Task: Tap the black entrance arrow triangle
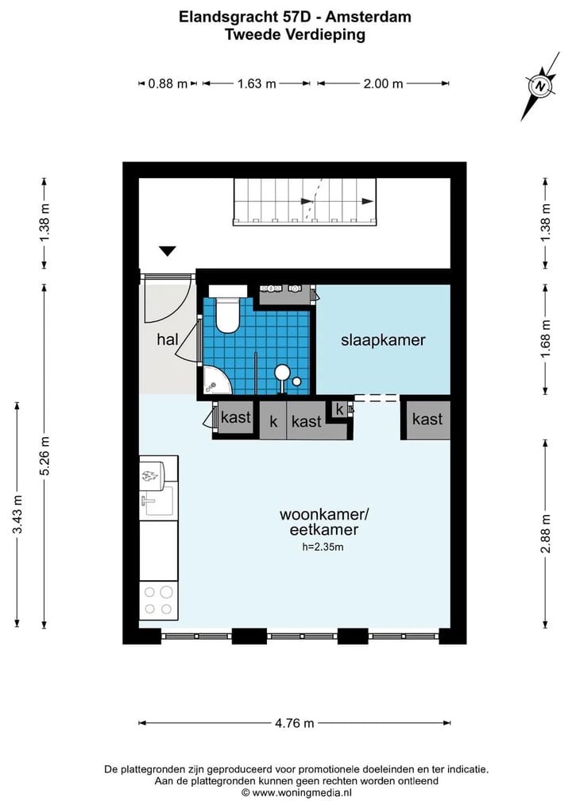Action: pyautogui.click(x=167, y=252)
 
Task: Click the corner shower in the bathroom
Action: pyautogui.click(x=214, y=381)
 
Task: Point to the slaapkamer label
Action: pyautogui.click(x=383, y=340)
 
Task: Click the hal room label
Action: pyautogui.click(x=167, y=339)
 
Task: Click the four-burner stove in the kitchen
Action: pyautogui.click(x=157, y=602)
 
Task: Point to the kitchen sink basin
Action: pyautogui.click(x=156, y=501)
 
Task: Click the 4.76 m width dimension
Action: pyautogui.click(x=295, y=723)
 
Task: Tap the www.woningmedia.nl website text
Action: pyautogui.click(x=301, y=792)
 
